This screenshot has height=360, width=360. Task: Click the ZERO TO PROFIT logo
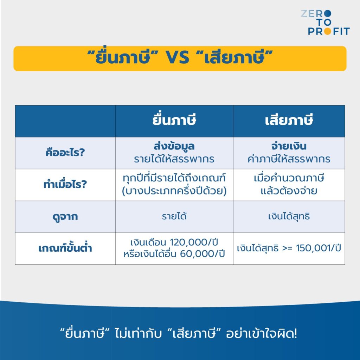[325, 22]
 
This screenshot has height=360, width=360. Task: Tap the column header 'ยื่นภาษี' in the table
[174, 121]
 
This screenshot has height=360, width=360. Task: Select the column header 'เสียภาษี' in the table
[289, 121]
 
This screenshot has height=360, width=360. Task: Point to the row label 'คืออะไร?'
[65, 153]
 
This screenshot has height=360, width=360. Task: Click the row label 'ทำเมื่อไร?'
[65, 185]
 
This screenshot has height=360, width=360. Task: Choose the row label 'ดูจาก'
[65, 217]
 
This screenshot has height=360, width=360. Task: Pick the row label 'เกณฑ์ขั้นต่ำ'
[65, 249]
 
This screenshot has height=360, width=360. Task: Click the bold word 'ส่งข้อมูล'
[174, 147]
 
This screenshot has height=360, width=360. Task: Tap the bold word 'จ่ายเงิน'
[289, 147]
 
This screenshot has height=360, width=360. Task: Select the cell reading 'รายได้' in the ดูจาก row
[174, 217]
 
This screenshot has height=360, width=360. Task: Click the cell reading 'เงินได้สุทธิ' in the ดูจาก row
[289, 217]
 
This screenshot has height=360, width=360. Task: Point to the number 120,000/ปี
[197, 243]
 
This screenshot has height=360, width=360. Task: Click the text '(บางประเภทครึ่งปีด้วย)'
[174, 191]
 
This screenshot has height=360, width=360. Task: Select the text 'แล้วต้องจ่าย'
[289, 191]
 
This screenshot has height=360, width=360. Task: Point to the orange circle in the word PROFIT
[328, 31]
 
